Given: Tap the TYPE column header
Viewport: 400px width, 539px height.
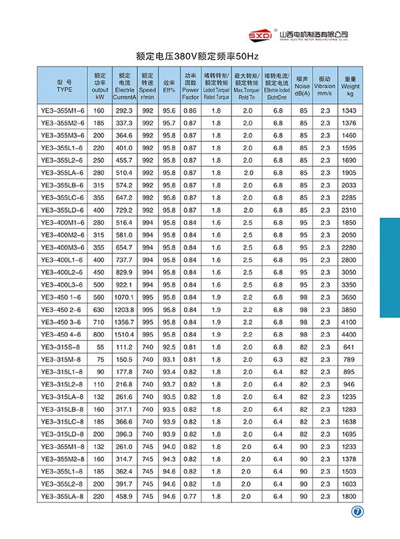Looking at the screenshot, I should pyautogui.click(x=64, y=85).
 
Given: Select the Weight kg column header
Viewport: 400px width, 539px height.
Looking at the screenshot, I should pyautogui.click(x=350, y=85).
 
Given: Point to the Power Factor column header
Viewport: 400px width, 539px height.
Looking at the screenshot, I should pyautogui.click(x=191, y=85).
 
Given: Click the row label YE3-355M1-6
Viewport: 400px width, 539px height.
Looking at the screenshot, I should pyautogui.click(x=64, y=110).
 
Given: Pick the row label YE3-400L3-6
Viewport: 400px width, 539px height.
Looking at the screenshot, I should pyautogui.click(x=64, y=284).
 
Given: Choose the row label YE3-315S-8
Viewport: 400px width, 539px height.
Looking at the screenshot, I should pyautogui.click(x=64, y=347).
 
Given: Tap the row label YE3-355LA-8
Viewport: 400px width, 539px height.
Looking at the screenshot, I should pyautogui.click(x=64, y=496).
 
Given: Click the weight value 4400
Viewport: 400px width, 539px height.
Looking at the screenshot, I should pyautogui.click(x=350, y=334).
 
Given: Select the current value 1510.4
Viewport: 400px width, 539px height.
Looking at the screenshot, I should pyautogui.click(x=125, y=334).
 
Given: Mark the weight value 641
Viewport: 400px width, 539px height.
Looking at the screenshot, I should pyautogui.click(x=350, y=347).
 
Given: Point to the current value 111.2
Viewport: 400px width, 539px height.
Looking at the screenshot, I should pyautogui.click(x=125, y=347).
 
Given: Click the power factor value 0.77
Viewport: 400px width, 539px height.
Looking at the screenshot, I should pyautogui.click(x=191, y=496).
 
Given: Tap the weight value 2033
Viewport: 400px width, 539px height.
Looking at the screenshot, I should pyautogui.click(x=350, y=185).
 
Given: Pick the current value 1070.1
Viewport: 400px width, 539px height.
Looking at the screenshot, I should pyautogui.click(x=125, y=297).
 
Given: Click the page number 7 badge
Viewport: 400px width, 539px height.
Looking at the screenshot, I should pyautogui.click(x=357, y=513).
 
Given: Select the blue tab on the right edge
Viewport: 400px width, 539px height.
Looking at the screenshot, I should pyautogui.click(x=389, y=267).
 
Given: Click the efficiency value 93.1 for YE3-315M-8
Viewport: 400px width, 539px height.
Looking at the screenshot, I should pyautogui.click(x=169, y=359).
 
